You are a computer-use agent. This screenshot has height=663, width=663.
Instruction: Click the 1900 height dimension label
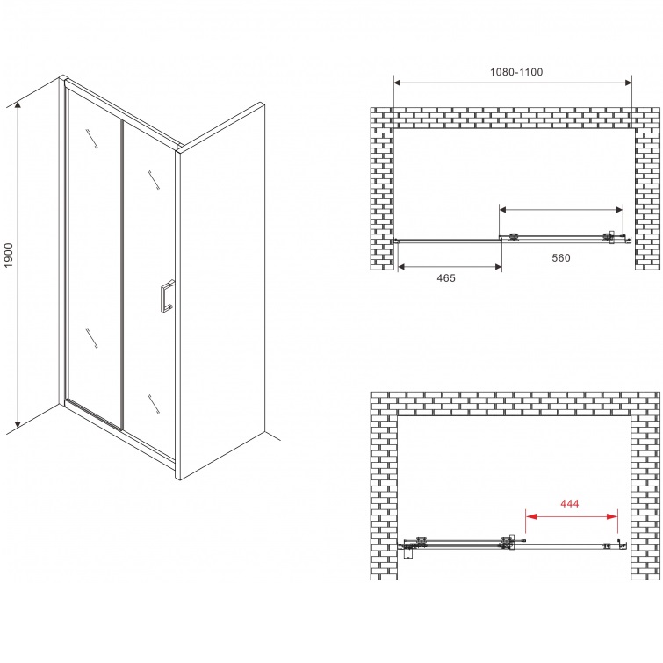(x=9, y=255)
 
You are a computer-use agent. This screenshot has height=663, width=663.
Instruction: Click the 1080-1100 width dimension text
(x=516, y=72)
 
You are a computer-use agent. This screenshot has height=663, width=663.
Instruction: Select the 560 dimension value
(x=560, y=257)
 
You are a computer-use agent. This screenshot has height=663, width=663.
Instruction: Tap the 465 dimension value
(x=446, y=277)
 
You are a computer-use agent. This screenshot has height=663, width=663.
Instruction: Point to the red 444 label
(x=570, y=503)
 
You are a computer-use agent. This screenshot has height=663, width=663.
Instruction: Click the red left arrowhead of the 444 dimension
(x=530, y=516)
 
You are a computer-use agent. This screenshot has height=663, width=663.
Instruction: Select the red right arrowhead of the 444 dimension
(x=612, y=516)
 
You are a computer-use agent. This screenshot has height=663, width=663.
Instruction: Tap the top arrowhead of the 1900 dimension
(x=18, y=106)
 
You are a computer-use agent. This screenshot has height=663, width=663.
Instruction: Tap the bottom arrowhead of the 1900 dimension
(x=18, y=423)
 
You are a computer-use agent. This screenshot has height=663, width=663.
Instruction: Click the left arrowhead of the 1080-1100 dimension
(x=399, y=83)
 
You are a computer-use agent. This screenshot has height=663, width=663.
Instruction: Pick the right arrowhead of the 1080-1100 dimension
(x=627, y=83)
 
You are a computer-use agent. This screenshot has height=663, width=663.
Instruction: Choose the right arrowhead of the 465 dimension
(x=497, y=266)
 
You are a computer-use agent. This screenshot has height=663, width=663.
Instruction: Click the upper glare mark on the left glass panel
(x=91, y=139)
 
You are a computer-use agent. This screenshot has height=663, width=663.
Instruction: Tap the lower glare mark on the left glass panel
(x=91, y=338)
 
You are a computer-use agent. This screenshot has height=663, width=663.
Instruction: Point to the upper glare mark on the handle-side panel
(x=154, y=180)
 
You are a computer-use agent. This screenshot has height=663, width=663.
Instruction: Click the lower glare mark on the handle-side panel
(x=154, y=404)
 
